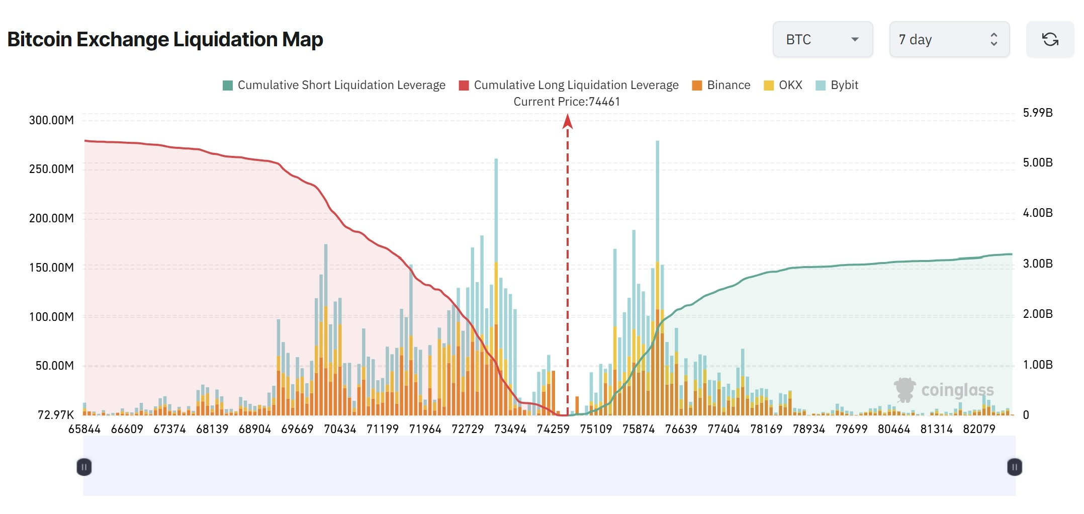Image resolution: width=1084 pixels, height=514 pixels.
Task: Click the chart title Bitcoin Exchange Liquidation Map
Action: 165,39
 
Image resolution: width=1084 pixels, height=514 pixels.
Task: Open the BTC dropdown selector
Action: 822,39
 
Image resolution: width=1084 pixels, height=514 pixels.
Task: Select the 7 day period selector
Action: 949,39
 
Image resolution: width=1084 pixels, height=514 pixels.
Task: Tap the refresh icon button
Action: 1050,39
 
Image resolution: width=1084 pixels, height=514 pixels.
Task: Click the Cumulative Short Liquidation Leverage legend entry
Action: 334,85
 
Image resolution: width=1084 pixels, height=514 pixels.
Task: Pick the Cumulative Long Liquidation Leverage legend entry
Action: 569,85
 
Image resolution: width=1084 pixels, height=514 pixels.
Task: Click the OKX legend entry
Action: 783,85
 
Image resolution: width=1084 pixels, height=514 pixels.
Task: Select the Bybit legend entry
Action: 837,85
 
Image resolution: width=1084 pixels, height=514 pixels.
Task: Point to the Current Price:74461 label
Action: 567,102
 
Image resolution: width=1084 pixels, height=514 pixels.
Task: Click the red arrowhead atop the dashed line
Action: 568,121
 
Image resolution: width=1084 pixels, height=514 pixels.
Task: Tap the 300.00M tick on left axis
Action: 51,120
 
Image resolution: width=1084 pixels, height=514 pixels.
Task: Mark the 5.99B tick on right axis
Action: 1037,113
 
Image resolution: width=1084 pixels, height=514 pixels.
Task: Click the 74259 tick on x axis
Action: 553,429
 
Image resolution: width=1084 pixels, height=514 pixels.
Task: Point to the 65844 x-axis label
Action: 84,429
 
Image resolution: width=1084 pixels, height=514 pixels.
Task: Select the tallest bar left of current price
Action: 496,287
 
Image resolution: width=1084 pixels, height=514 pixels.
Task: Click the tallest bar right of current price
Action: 657,277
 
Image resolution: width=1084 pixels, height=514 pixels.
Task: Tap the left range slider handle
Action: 84,467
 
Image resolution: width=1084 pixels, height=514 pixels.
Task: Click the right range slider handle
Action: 1014,467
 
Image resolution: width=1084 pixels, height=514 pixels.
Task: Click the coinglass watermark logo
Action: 944,390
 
